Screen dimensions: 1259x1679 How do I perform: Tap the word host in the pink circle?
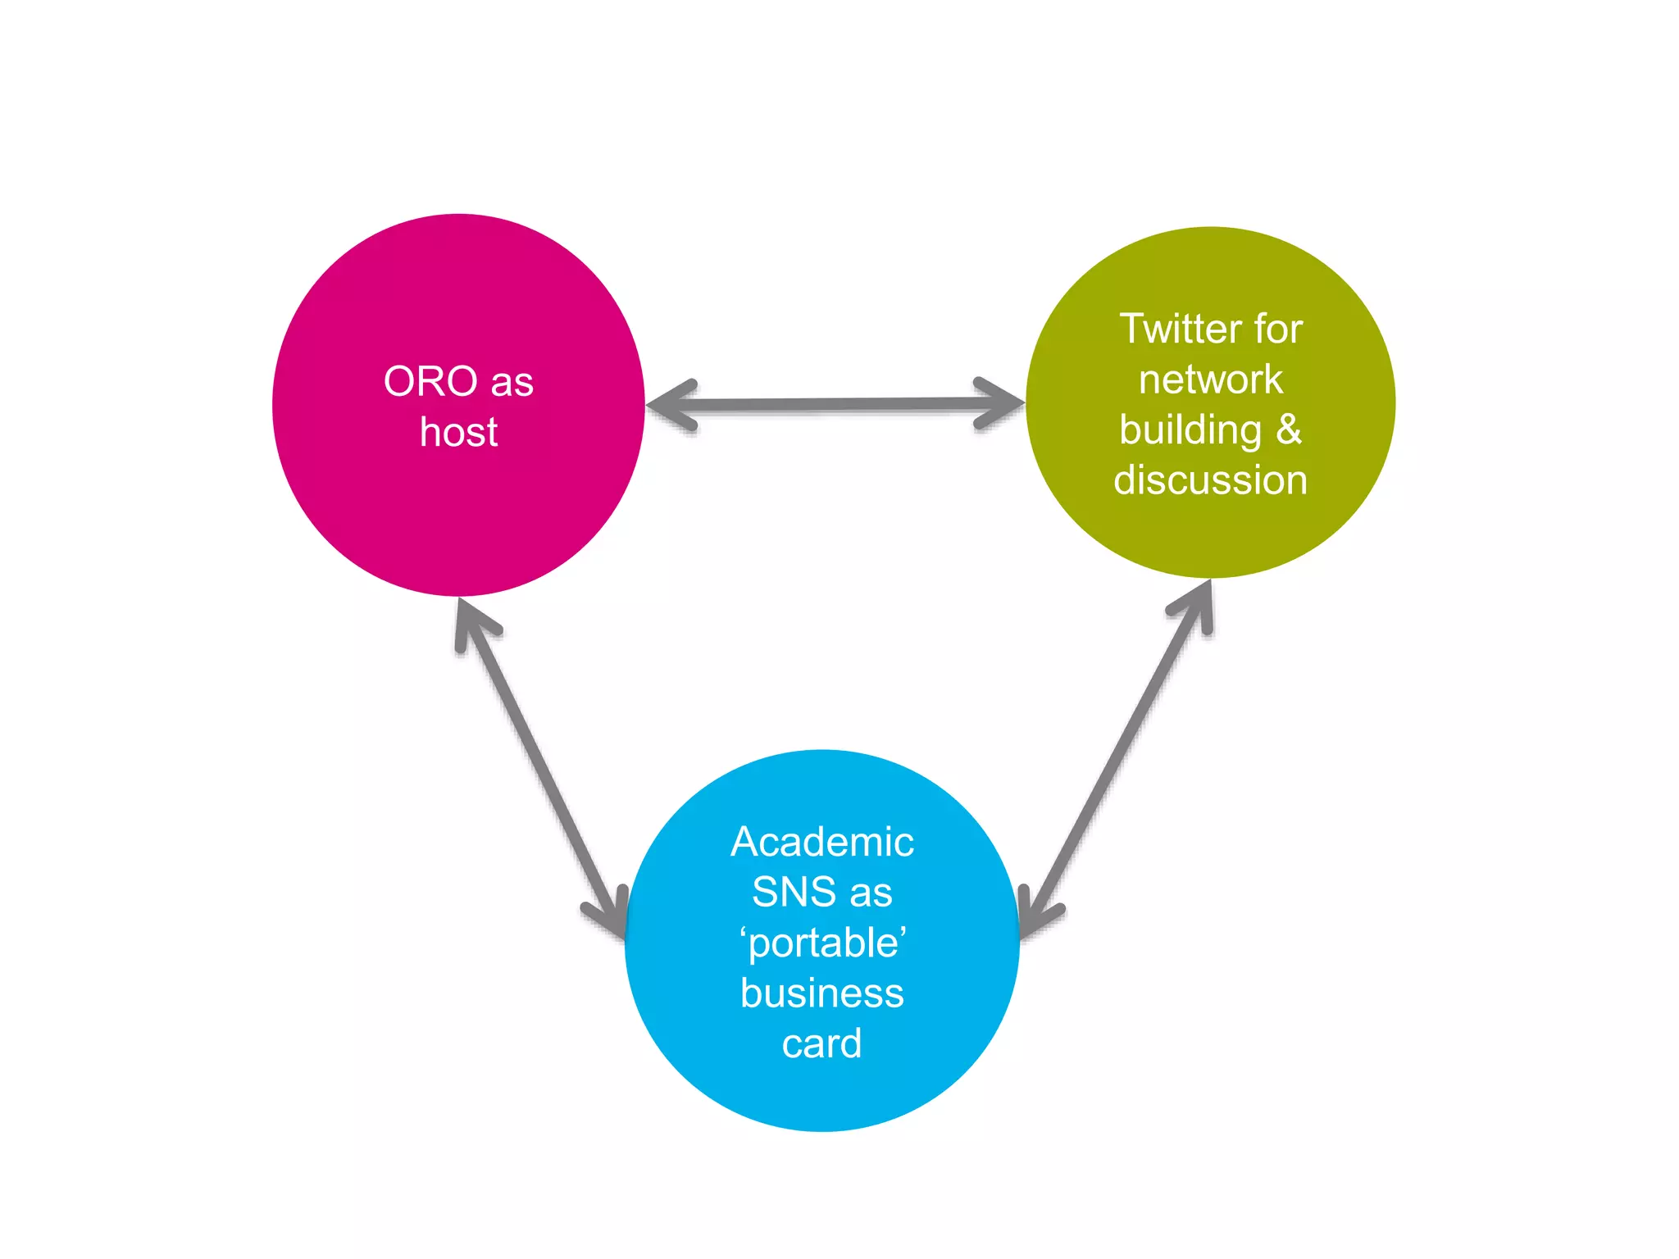458,432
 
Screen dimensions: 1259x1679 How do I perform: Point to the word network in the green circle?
1210,380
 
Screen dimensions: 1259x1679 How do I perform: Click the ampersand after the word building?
1289,430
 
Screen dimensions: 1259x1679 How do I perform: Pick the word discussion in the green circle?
1210,480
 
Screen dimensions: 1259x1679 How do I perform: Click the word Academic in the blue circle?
822,842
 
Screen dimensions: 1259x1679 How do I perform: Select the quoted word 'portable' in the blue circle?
823,943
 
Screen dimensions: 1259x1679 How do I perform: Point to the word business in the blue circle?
822,993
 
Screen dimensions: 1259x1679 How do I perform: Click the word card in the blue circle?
822,1044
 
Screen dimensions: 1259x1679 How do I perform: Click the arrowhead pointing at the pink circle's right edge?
668,405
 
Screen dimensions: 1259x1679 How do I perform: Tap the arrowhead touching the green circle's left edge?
1002,403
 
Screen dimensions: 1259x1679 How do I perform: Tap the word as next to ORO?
512,382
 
